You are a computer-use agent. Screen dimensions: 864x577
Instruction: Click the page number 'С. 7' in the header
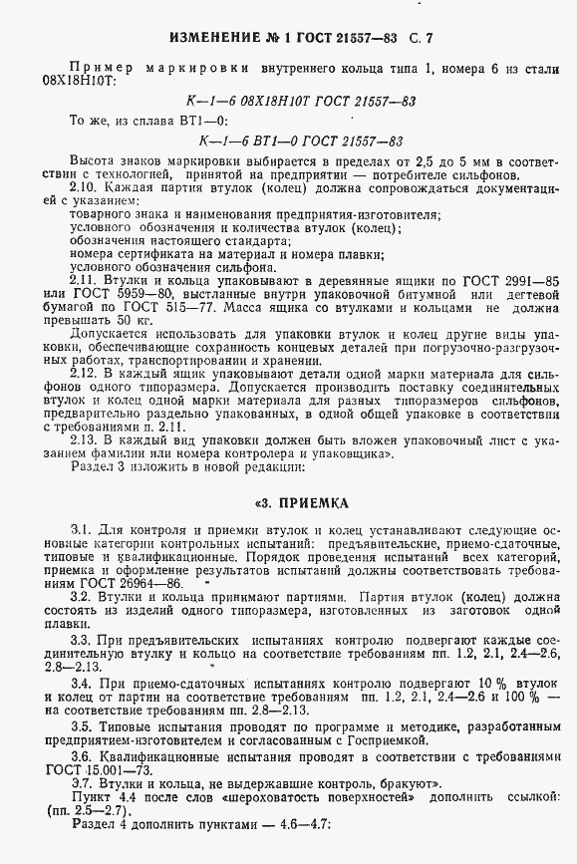pyautogui.click(x=420, y=38)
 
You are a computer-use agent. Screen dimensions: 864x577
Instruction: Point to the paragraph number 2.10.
pyautogui.click(x=85, y=187)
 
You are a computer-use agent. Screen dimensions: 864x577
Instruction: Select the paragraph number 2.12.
pyautogui.click(x=85, y=371)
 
